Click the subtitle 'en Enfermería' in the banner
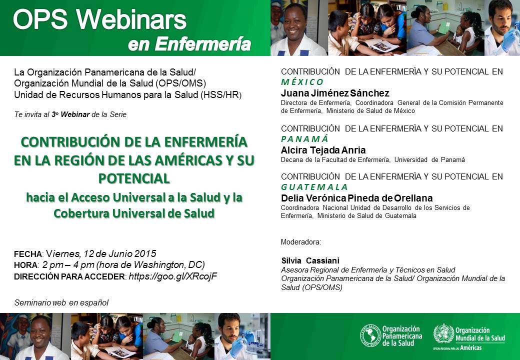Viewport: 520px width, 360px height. [x=189, y=44]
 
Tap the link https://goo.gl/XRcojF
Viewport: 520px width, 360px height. [x=173, y=276]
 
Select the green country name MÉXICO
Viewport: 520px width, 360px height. [x=302, y=82]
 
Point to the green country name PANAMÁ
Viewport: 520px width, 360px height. [x=304, y=138]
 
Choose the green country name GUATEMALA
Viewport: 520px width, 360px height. [x=314, y=187]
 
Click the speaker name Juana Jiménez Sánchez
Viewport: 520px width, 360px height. [x=335, y=93]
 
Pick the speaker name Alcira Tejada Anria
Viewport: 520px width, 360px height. [x=323, y=150]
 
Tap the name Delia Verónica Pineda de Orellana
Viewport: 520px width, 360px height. [x=357, y=198]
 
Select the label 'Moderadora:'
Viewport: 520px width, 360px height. [x=301, y=242]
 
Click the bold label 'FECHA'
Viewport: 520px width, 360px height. [x=28, y=254]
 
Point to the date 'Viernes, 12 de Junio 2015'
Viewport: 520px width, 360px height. [x=101, y=253]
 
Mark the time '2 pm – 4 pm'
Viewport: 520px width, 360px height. [x=68, y=265]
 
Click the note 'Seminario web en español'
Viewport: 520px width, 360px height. [x=61, y=302]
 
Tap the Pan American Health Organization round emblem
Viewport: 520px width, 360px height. [x=370, y=336]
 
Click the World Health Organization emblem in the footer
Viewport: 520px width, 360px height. [x=443, y=334]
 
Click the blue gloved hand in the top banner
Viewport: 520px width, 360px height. [x=510, y=39]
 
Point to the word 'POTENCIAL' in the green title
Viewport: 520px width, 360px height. [x=134, y=178]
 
